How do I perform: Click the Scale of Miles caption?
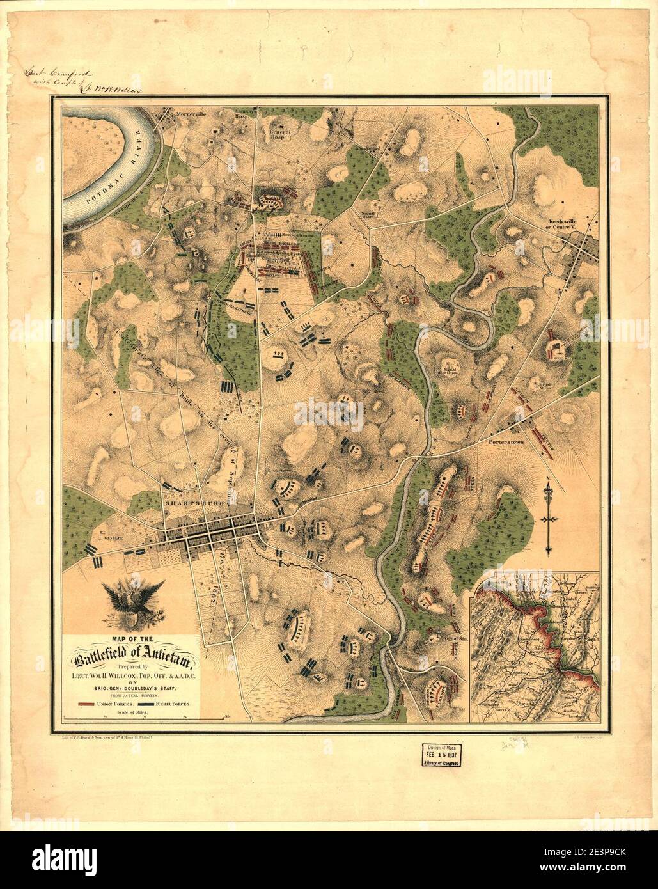point(133,711)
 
